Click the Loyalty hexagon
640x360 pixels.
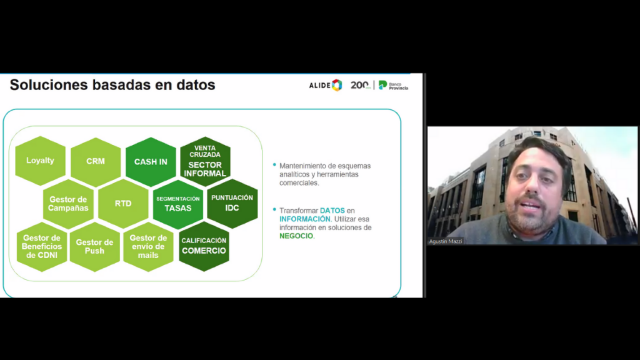click(x=40, y=161)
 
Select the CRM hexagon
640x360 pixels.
click(x=96, y=162)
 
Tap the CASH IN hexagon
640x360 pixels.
click(x=151, y=162)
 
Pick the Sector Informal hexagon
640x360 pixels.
click(x=205, y=162)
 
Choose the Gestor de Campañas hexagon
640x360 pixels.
click(x=68, y=204)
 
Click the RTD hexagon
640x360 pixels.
click(x=123, y=204)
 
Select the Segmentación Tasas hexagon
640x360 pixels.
click(x=178, y=204)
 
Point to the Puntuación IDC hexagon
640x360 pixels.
click(x=232, y=203)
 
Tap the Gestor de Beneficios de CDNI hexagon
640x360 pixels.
click(x=42, y=246)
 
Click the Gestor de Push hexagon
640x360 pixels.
click(x=95, y=246)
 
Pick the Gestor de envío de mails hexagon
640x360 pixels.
click(x=148, y=246)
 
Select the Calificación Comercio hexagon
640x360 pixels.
click(x=204, y=246)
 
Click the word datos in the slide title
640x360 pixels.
click(x=196, y=85)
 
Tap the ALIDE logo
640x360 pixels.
click(x=325, y=85)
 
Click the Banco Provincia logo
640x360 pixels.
click(x=393, y=85)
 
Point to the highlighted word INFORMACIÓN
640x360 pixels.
click(x=305, y=219)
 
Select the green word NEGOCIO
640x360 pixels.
click(x=296, y=236)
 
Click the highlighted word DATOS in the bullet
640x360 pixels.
click(x=332, y=211)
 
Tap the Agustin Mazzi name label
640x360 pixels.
click(x=446, y=241)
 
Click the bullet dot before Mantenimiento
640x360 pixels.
click(x=274, y=165)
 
